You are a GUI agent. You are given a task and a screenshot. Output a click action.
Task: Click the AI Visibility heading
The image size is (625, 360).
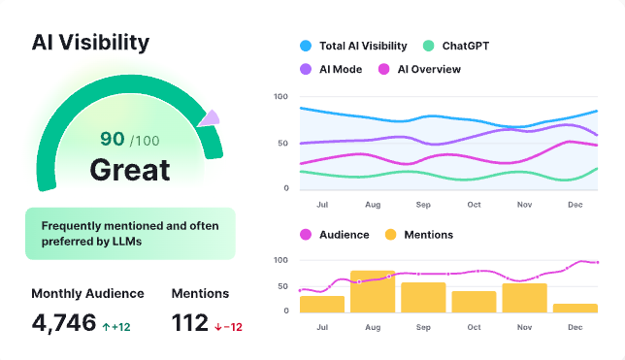tap(90, 42)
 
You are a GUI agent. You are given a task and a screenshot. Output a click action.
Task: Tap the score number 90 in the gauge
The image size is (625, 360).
tap(113, 140)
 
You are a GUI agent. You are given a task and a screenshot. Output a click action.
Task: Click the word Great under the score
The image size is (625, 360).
tap(130, 170)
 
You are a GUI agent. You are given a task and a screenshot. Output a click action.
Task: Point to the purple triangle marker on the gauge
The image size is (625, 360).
tap(209, 118)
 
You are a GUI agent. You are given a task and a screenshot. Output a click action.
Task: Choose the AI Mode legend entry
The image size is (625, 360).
tap(336, 69)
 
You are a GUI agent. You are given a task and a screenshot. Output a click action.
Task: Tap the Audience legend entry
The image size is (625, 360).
tap(336, 235)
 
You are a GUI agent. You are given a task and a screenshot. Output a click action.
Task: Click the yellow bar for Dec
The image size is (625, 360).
tap(575, 308)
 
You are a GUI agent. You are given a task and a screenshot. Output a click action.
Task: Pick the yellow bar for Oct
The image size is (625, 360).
tap(474, 301)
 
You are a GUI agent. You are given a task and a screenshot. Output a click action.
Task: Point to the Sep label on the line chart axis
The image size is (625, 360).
tap(423, 205)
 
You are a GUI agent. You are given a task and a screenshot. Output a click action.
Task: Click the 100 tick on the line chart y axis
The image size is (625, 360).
tap(281, 97)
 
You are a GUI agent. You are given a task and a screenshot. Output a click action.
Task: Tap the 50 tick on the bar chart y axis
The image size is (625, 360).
tap(283, 285)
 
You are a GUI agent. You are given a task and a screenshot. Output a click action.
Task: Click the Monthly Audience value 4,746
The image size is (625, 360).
tap(63, 322)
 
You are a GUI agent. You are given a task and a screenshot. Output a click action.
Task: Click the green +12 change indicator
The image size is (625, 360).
tap(116, 327)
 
